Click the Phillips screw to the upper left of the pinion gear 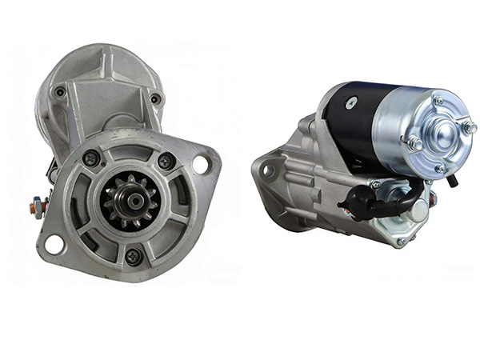pos(92,158)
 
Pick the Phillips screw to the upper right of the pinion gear pos(166,161)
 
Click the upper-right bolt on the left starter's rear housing pos(155,99)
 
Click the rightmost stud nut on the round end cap pos(470,127)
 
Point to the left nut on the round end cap pos(414,143)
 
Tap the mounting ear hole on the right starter pos(270,170)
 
